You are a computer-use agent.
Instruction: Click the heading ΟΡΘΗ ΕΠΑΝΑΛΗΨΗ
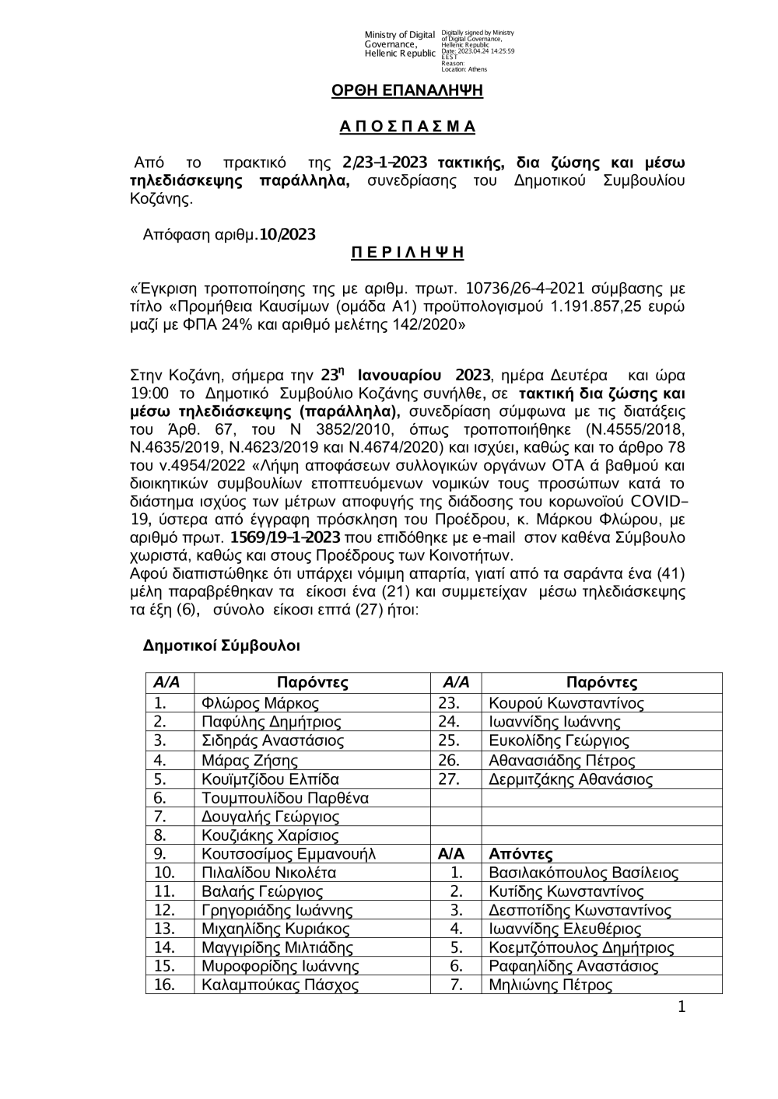pyautogui.click(x=407, y=91)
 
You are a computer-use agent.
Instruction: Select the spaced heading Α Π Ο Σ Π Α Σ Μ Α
pyautogui.click(x=408, y=127)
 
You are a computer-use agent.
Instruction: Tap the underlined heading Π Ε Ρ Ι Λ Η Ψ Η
pyautogui.click(x=408, y=253)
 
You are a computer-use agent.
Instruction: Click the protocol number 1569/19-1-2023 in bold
pyautogui.click(x=286, y=537)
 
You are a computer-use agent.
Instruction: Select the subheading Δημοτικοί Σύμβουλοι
pyautogui.click(x=222, y=646)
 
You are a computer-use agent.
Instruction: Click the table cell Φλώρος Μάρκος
pyautogui.click(x=260, y=704)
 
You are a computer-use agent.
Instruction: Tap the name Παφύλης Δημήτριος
pyautogui.click(x=271, y=723)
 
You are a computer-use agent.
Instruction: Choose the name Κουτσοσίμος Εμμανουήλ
pyautogui.click(x=288, y=854)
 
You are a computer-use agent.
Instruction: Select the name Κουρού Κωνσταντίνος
pyautogui.click(x=566, y=704)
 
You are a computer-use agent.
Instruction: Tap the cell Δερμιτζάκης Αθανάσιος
pyautogui.click(x=570, y=779)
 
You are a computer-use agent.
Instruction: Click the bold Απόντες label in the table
pyautogui.click(x=520, y=854)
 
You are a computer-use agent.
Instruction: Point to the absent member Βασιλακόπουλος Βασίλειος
pyautogui.click(x=583, y=873)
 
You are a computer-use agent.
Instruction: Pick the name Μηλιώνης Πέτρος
pyautogui.click(x=550, y=985)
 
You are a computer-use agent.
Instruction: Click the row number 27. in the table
pyautogui.click(x=450, y=779)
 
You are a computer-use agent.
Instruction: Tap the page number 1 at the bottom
pyautogui.click(x=682, y=1008)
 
